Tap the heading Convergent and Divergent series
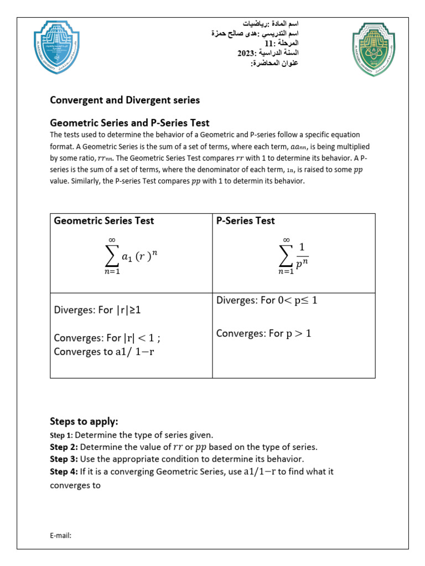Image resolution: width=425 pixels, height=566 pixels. [x=125, y=100]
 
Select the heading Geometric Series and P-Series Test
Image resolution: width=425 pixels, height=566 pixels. [x=129, y=123]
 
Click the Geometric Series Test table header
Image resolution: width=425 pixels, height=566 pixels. [x=103, y=221]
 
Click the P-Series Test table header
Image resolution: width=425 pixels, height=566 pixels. [x=245, y=221]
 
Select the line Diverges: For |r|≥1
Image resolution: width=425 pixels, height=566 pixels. [x=97, y=310]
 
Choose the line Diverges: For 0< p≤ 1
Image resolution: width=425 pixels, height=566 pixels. [x=267, y=301]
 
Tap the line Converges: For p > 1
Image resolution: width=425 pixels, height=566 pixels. [x=264, y=333]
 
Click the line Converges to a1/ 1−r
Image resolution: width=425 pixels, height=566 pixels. [x=104, y=352]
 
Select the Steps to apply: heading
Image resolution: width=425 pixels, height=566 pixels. [x=84, y=421]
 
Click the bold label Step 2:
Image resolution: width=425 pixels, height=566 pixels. [x=64, y=447]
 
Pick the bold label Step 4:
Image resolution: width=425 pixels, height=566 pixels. [x=64, y=471]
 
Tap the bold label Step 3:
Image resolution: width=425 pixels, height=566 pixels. [x=64, y=459]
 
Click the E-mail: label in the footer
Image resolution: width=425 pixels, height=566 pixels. [x=61, y=535]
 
